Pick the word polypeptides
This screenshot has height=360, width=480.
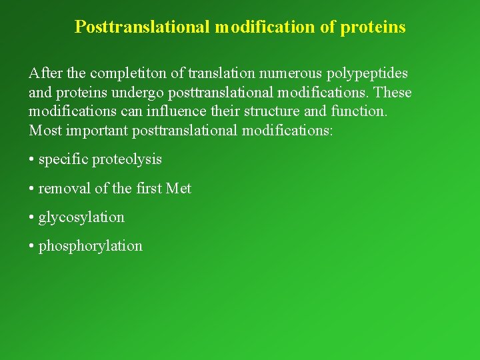[366, 73]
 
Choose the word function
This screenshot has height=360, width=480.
[358, 111]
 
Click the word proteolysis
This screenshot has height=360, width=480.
[127, 159]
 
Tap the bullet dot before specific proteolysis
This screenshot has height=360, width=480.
[32, 160]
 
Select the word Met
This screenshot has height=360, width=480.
[178, 189]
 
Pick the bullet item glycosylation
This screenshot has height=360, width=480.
[81, 217]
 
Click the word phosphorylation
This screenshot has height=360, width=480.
[91, 246]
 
